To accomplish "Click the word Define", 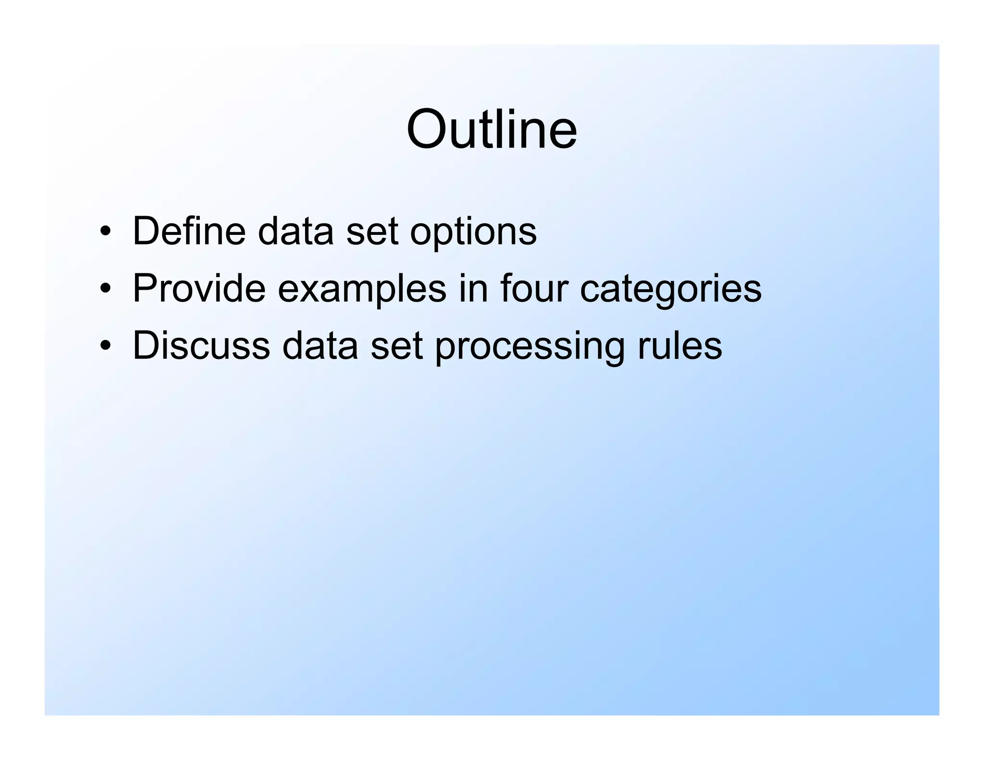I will click(189, 231).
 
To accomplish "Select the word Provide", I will click(199, 288).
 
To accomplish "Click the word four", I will click(534, 288).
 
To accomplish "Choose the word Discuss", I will click(201, 345).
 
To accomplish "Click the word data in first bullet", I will click(295, 231).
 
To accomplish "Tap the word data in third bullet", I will click(320, 345).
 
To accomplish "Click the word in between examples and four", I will click(473, 288).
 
